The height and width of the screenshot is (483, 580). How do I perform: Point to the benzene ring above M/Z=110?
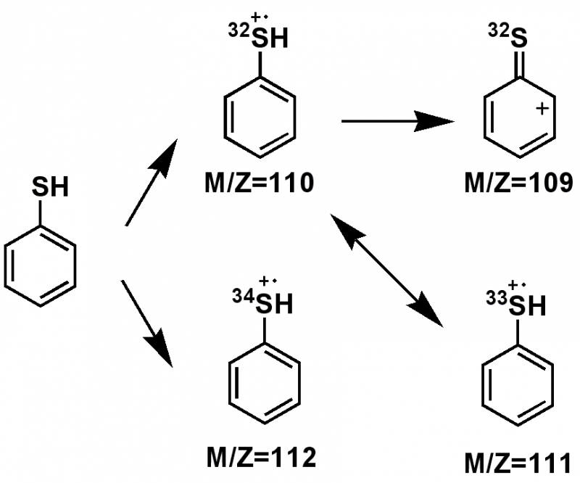point(259,120)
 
